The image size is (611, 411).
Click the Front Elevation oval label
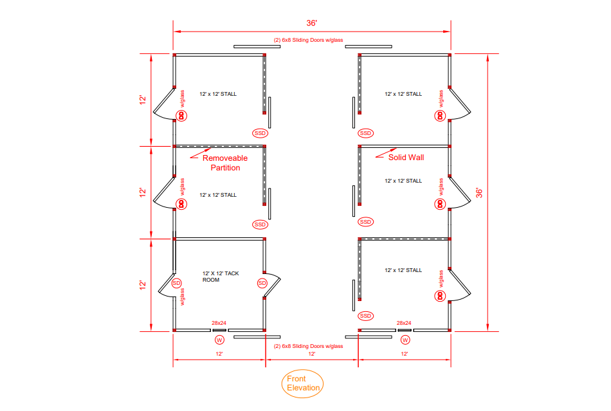click(302, 383)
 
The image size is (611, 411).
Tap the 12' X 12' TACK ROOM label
click(221, 277)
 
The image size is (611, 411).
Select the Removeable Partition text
click(225, 163)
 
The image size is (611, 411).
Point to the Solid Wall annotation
click(406, 158)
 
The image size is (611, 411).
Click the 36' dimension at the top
click(311, 23)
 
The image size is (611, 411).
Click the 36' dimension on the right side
click(479, 193)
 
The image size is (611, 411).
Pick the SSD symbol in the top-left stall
click(260, 133)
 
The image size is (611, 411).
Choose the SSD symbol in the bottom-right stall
click(365, 316)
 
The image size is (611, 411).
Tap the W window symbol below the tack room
click(219, 340)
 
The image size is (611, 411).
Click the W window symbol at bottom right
click(405, 340)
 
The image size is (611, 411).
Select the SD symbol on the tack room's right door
click(262, 283)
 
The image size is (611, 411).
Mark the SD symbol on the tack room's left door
click(176, 283)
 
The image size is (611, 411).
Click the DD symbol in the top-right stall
click(440, 116)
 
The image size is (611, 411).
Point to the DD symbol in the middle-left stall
click(181, 204)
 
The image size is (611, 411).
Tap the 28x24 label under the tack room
click(219, 323)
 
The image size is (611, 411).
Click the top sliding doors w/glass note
click(308, 40)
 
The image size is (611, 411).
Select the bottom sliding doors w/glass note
click(308, 346)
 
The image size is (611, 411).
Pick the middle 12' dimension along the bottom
click(312, 354)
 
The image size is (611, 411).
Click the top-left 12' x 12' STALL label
click(218, 94)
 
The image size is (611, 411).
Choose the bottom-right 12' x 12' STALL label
click(403, 270)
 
